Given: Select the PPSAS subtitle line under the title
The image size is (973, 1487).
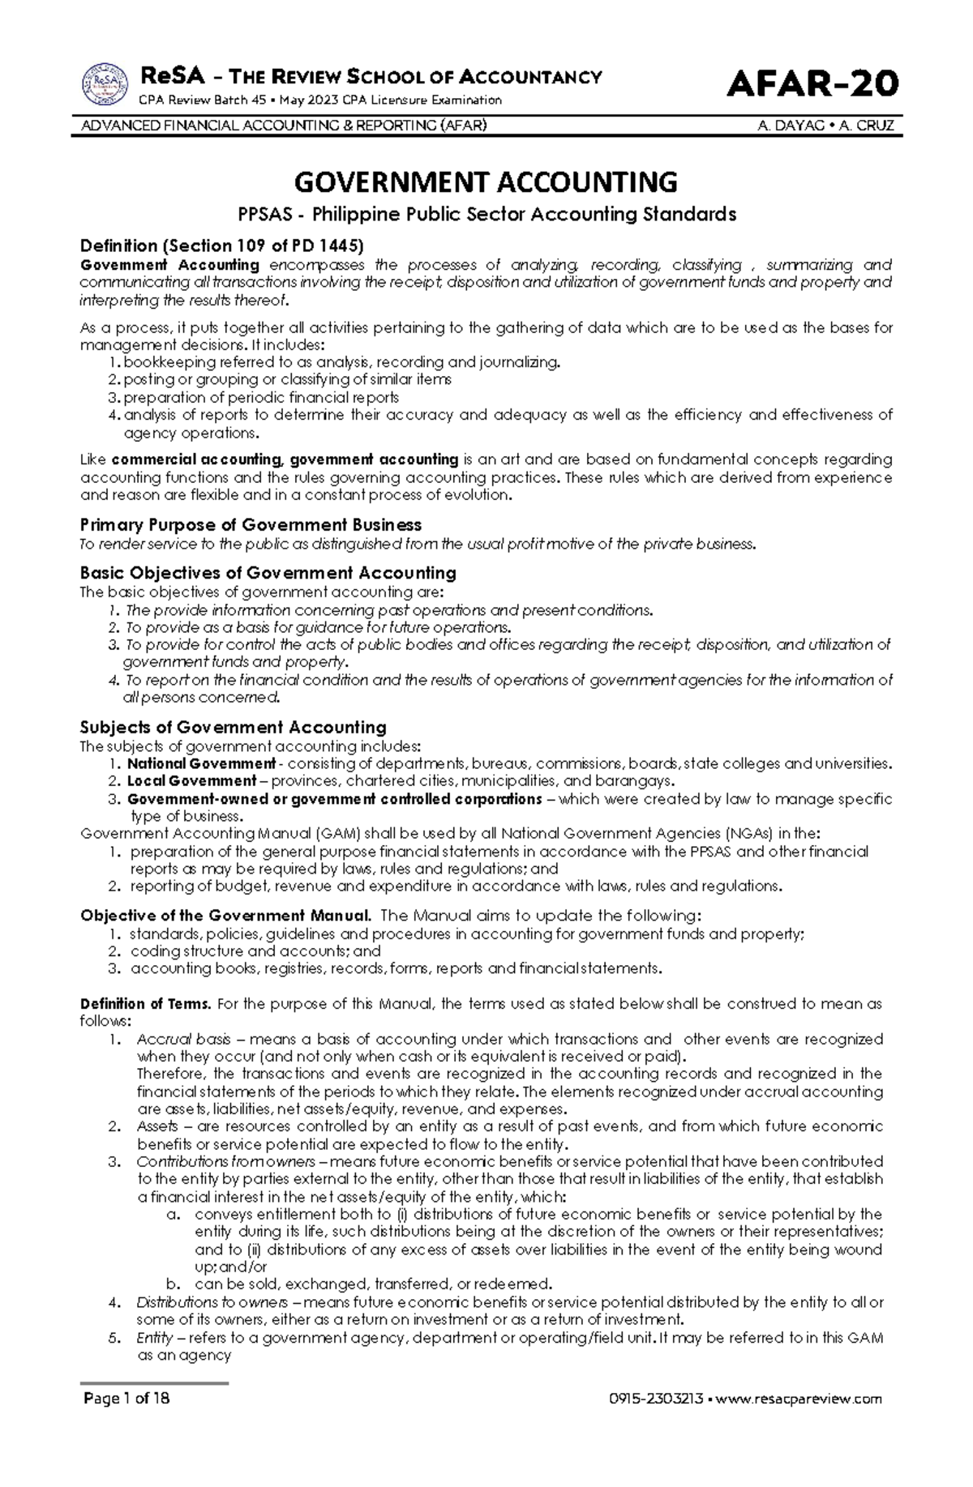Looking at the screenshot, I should tap(486, 215).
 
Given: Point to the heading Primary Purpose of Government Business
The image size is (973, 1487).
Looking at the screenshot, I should tap(251, 525).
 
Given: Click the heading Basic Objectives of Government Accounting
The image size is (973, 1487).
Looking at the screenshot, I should tap(268, 573).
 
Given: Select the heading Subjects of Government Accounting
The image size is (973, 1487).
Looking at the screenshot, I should tap(233, 727).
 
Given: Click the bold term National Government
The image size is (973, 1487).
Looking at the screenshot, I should tap(201, 763).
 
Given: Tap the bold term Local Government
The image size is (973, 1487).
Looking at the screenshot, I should tap(191, 781).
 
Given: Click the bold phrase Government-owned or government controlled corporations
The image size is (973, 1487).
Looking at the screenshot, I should tap(334, 799).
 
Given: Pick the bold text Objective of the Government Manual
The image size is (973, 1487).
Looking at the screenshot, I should tap(226, 916).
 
